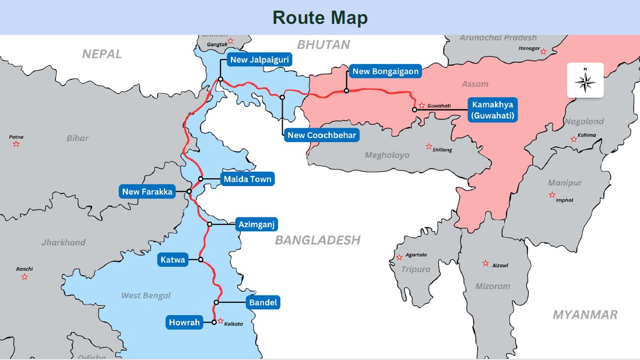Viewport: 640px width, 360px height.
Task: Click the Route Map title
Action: click(320, 17)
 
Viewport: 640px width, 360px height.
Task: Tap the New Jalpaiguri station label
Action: click(259, 59)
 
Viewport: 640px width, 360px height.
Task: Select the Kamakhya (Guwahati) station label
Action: click(493, 110)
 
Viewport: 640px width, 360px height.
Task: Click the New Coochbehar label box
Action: click(322, 135)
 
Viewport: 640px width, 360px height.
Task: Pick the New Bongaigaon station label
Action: click(385, 72)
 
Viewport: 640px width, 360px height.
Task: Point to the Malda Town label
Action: click(247, 179)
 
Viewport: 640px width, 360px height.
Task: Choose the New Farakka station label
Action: click(148, 192)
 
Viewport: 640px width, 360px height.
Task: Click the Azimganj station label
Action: click(257, 224)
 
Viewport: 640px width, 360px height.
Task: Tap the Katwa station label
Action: click(173, 260)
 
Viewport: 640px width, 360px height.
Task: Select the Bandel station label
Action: click(263, 302)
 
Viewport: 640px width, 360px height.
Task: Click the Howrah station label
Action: click(184, 322)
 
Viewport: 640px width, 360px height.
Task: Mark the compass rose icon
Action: click(585, 80)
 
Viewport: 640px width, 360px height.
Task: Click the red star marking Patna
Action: click(16, 144)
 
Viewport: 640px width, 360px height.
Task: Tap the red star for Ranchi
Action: click(24, 277)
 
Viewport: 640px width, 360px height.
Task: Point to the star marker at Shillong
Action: click(429, 146)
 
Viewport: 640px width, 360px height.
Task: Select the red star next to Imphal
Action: click(551, 195)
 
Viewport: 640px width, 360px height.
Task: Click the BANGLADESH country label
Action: click(318, 240)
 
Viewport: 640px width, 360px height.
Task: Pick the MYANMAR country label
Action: click(585, 315)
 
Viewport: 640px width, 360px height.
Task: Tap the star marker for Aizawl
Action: click(485, 263)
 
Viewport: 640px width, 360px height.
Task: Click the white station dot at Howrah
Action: click(214, 322)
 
